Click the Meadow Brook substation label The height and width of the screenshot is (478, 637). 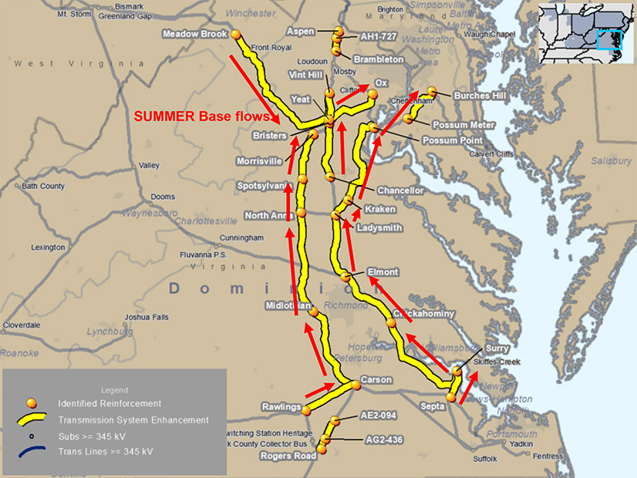click(x=195, y=34)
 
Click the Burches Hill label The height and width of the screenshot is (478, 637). click(x=480, y=96)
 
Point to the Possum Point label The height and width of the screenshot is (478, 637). click(x=453, y=141)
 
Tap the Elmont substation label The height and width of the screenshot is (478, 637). click(x=383, y=272)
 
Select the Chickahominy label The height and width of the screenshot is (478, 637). click(x=424, y=314)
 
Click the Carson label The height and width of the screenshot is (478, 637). click(x=376, y=380)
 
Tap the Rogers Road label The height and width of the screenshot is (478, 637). click(x=289, y=456)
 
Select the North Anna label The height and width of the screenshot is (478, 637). click(x=265, y=216)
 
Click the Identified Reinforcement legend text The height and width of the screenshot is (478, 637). click(x=110, y=403)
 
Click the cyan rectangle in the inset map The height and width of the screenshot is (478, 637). click(x=608, y=39)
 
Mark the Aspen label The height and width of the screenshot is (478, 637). click(x=300, y=32)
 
